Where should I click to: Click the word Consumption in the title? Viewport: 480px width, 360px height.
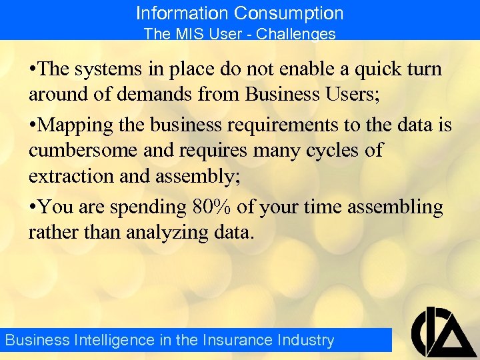click(x=289, y=13)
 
